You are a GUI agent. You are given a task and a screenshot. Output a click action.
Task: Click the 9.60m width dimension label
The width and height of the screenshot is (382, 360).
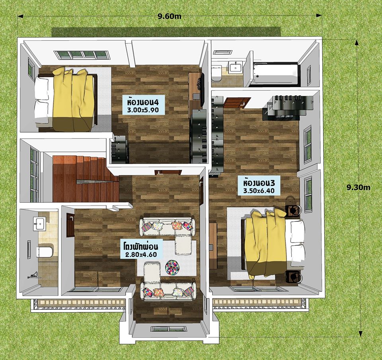pos(170,16)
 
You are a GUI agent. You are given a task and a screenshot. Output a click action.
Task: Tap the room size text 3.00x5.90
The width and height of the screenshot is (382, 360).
pos(143,110)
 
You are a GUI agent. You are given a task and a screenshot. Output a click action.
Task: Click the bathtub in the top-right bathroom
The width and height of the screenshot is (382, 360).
pos(275,74)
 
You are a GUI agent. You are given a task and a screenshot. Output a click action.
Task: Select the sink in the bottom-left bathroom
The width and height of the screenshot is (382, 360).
pos(39,224)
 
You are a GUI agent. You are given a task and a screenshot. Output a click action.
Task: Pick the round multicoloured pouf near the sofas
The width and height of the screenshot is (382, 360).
pos(172,267)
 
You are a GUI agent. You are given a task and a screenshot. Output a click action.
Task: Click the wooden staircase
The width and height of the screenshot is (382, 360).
pos(85,179)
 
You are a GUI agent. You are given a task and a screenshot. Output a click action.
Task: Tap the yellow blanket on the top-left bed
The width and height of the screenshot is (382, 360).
pos(73,100)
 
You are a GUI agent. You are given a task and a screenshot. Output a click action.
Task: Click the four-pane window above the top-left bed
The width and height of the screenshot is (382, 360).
pos(82,55)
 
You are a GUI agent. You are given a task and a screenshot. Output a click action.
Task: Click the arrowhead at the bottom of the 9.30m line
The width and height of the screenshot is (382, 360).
pos(361,333)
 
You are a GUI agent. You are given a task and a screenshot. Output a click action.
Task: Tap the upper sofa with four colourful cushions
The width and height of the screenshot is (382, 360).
pos(167,227)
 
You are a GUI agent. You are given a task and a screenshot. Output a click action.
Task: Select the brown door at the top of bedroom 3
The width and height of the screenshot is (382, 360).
pos(237,102)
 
